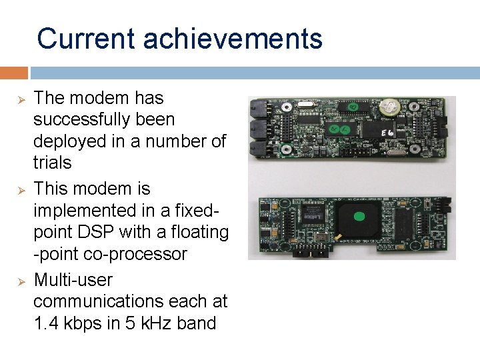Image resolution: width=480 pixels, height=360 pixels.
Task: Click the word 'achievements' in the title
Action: pyautogui.click(x=233, y=39)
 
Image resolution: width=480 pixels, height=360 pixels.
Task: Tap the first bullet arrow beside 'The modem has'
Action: pyautogui.click(x=20, y=99)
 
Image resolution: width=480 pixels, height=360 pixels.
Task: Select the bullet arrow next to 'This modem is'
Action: pyautogui.click(x=20, y=190)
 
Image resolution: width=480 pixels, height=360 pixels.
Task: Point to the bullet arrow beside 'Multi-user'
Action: pyautogui.click(x=20, y=281)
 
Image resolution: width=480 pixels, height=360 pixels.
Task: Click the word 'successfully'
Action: pyautogui.click(x=104, y=120)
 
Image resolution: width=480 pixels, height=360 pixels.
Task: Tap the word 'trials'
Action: pyautogui.click(x=52, y=163)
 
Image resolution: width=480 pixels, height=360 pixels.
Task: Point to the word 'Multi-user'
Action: pyautogui.click(x=73, y=279)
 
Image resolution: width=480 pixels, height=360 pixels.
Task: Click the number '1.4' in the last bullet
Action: pyautogui.click(x=46, y=323)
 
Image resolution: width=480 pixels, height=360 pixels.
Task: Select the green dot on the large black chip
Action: pyautogui.click(x=359, y=216)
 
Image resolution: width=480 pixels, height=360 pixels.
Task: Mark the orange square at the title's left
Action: pyautogui.click(x=13, y=73)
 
